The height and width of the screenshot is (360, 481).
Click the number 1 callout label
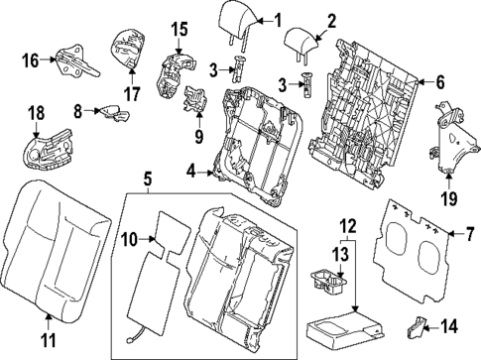point(278,19)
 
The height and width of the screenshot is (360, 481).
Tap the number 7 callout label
point(458,234)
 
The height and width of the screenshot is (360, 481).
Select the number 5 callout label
point(147,180)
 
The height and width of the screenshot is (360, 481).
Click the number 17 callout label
point(126,96)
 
